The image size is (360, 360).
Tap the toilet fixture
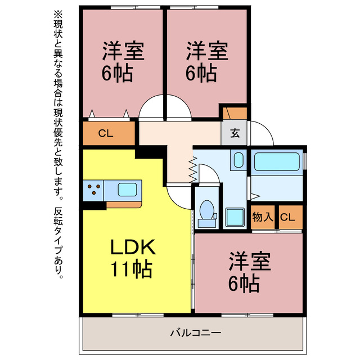(x=207, y=214)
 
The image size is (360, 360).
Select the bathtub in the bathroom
(x=277, y=161)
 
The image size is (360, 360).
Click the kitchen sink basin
(x=128, y=190)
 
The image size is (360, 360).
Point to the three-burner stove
(x=93, y=190)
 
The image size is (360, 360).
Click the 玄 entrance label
(x=235, y=133)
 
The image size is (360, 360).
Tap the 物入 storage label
(x=263, y=217)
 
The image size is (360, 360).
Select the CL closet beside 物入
(x=291, y=217)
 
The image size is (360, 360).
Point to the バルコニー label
(x=196, y=332)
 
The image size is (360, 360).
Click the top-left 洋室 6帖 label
(x=123, y=61)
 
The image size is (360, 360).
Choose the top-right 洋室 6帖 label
(x=206, y=61)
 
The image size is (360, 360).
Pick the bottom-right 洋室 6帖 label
(x=250, y=272)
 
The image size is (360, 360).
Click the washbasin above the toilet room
(x=238, y=160)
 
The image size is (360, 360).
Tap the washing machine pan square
(x=235, y=217)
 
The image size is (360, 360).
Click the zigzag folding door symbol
(x=193, y=169)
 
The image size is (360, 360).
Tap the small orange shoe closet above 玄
(x=235, y=114)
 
